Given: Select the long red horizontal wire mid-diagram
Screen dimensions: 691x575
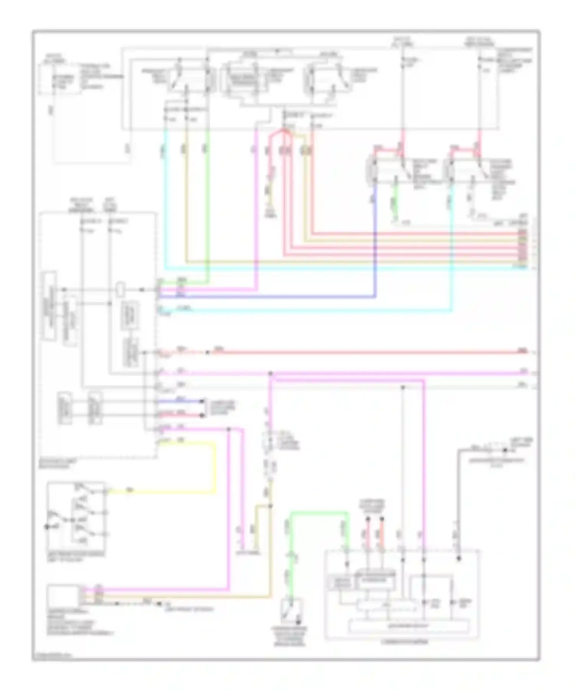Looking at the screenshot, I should [364, 352].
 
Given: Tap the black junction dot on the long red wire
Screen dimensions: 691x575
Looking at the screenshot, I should [207, 352].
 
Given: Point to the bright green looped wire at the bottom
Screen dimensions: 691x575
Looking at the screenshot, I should [318, 513].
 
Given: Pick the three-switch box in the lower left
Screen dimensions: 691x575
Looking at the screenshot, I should [76, 514].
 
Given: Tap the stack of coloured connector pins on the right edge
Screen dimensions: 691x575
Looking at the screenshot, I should [522, 249].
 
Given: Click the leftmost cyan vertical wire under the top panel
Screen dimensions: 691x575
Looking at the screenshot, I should [165, 199].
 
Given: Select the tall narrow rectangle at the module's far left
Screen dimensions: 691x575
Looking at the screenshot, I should [49, 306].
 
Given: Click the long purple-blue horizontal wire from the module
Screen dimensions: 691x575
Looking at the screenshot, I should [268, 296].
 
